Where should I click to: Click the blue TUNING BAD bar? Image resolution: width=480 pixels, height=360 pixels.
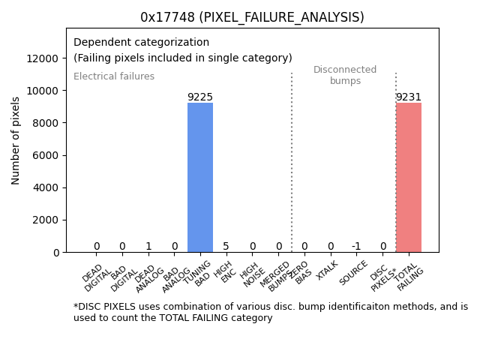pos(200,178)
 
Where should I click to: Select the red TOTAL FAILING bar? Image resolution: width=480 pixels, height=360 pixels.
pos(409,178)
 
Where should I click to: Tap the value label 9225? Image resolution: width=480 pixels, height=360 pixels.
pos(200,97)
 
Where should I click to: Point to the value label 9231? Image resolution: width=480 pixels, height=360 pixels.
pos(409,97)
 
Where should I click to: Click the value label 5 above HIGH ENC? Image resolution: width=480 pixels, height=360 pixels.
pos(226,247)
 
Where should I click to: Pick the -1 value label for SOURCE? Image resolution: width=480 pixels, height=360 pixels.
pos(356,247)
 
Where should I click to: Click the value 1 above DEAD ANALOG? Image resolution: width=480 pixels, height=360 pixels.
pos(148,247)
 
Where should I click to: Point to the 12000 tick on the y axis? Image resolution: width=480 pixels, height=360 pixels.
pos(43,58)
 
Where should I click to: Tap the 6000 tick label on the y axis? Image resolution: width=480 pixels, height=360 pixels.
pos(46,155)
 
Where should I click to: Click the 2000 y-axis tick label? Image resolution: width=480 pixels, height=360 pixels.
pos(46,220)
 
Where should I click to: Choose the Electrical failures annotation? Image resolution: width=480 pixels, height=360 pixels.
pos(114,76)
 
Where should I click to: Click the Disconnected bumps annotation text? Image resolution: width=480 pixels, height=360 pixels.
pos(345,75)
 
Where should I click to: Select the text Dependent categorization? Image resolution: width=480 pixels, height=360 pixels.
pos(141,42)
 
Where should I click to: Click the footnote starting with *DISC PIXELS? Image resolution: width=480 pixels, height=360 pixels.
pos(270,312)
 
